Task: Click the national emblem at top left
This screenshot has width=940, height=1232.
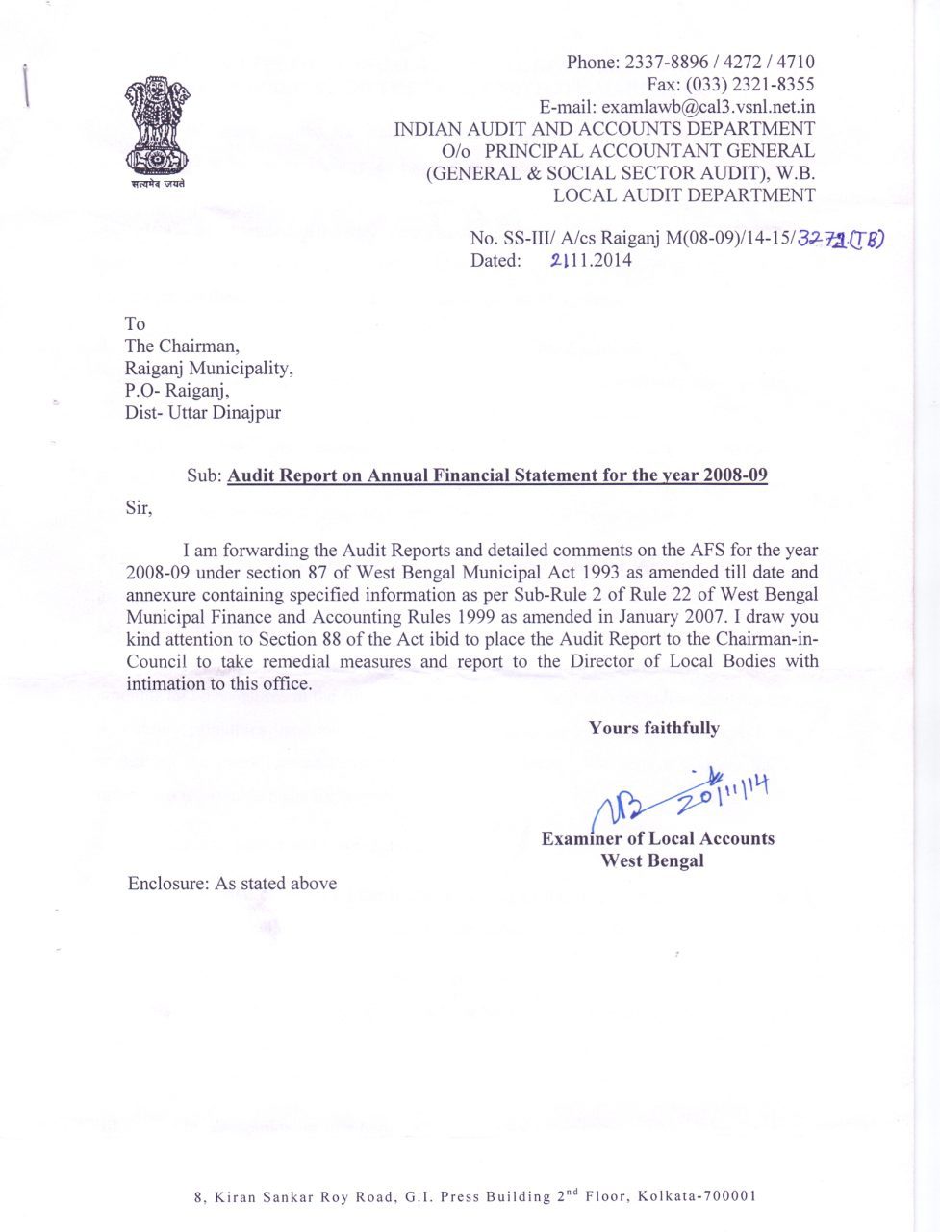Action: point(157,130)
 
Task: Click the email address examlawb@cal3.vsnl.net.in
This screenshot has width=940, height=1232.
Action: point(677,107)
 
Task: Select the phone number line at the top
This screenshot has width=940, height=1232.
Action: point(690,63)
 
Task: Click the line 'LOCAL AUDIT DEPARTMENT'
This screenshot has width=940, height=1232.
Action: point(683,195)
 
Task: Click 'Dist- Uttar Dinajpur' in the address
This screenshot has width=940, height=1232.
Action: point(203,413)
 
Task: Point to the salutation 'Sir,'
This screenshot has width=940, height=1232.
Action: point(139,507)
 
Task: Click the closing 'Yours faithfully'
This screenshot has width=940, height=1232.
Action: point(653,729)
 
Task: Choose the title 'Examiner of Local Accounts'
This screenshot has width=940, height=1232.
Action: point(657,838)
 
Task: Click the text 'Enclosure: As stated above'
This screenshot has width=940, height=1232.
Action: point(232,884)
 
